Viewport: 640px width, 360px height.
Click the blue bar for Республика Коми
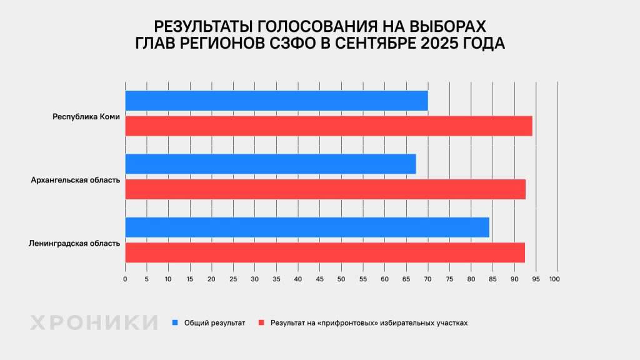[x=276, y=101]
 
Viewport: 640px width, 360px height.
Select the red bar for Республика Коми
[x=329, y=126]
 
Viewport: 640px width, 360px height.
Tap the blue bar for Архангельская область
[x=271, y=164]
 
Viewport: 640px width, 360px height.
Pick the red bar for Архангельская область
[x=325, y=189]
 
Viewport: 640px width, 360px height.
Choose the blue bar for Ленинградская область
[x=307, y=227]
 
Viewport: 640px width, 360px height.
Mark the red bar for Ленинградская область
[x=325, y=252]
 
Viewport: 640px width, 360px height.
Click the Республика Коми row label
[x=86, y=117]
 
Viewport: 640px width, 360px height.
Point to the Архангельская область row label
[x=75, y=180]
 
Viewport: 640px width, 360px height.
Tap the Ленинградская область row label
[x=74, y=243]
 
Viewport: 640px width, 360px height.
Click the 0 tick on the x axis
[x=125, y=279]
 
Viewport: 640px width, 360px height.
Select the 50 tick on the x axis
[x=341, y=279]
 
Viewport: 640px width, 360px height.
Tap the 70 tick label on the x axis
[x=427, y=279]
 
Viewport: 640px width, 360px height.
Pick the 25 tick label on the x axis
[x=233, y=279]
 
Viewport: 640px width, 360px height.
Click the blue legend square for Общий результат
[x=176, y=322]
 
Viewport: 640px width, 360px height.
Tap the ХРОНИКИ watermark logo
[x=94, y=322]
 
